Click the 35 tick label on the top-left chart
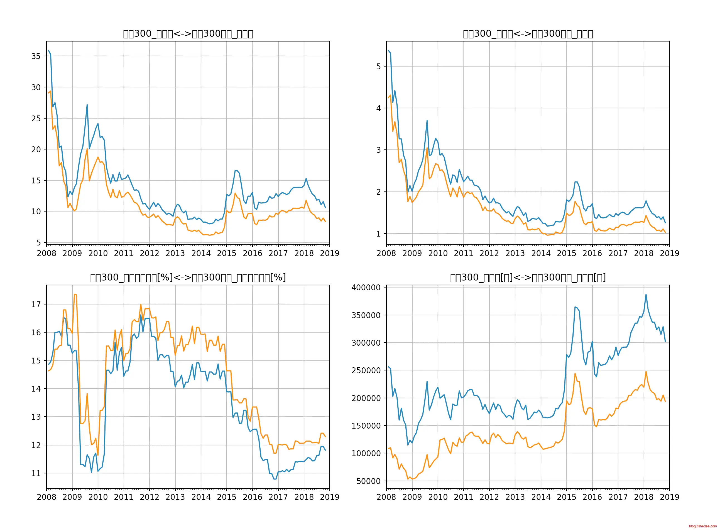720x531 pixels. tap(36, 56)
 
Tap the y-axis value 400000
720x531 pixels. tap(366, 287)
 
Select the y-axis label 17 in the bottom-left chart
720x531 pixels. tap(36, 304)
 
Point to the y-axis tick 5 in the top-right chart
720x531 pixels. tap(378, 67)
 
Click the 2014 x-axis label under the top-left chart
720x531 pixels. tap(201, 253)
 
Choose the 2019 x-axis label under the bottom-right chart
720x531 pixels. tap(669, 497)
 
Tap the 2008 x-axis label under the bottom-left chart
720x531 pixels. tap(46, 497)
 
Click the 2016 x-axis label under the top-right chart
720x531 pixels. tap(592, 253)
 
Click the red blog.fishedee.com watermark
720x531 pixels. tap(703, 526)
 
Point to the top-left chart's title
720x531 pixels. tap(188, 34)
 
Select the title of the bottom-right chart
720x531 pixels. tap(528, 277)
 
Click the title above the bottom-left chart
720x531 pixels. tap(188, 277)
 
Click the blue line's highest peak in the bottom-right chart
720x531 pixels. tap(646, 294)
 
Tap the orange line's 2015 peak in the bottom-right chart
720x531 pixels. tap(575, 373)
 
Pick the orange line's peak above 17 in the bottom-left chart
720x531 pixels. tap(74, 294)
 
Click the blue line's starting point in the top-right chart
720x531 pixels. tap(388, 50)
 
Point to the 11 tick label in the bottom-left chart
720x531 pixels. tap(36, 473)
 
